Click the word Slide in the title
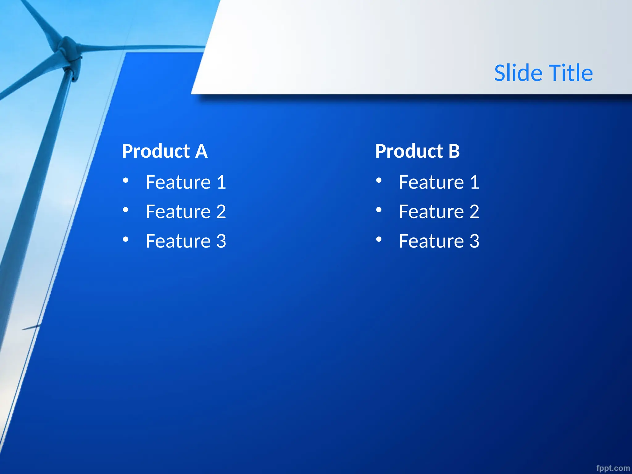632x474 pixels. coord(518,73)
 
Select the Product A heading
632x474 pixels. coord(164,151)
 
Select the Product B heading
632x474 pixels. coord(417,151)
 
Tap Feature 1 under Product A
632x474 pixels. coord(186,182)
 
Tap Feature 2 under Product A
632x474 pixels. coord(186,212)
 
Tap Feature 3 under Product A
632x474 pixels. coord(186,241)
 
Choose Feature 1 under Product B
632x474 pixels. coord(439,182)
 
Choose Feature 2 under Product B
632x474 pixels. coord(439,212)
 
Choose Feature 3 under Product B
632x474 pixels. coord(439,241)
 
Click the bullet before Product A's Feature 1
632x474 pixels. coord(126,180)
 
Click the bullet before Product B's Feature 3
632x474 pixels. coord(379,239)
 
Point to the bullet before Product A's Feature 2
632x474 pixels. coord(126,210)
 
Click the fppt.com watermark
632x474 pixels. coord(613,468)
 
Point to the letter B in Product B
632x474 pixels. coord(454,151)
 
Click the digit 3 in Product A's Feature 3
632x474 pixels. coord(221,241)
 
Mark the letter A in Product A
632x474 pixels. coord(201,151)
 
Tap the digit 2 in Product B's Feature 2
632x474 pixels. coord(474,212)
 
